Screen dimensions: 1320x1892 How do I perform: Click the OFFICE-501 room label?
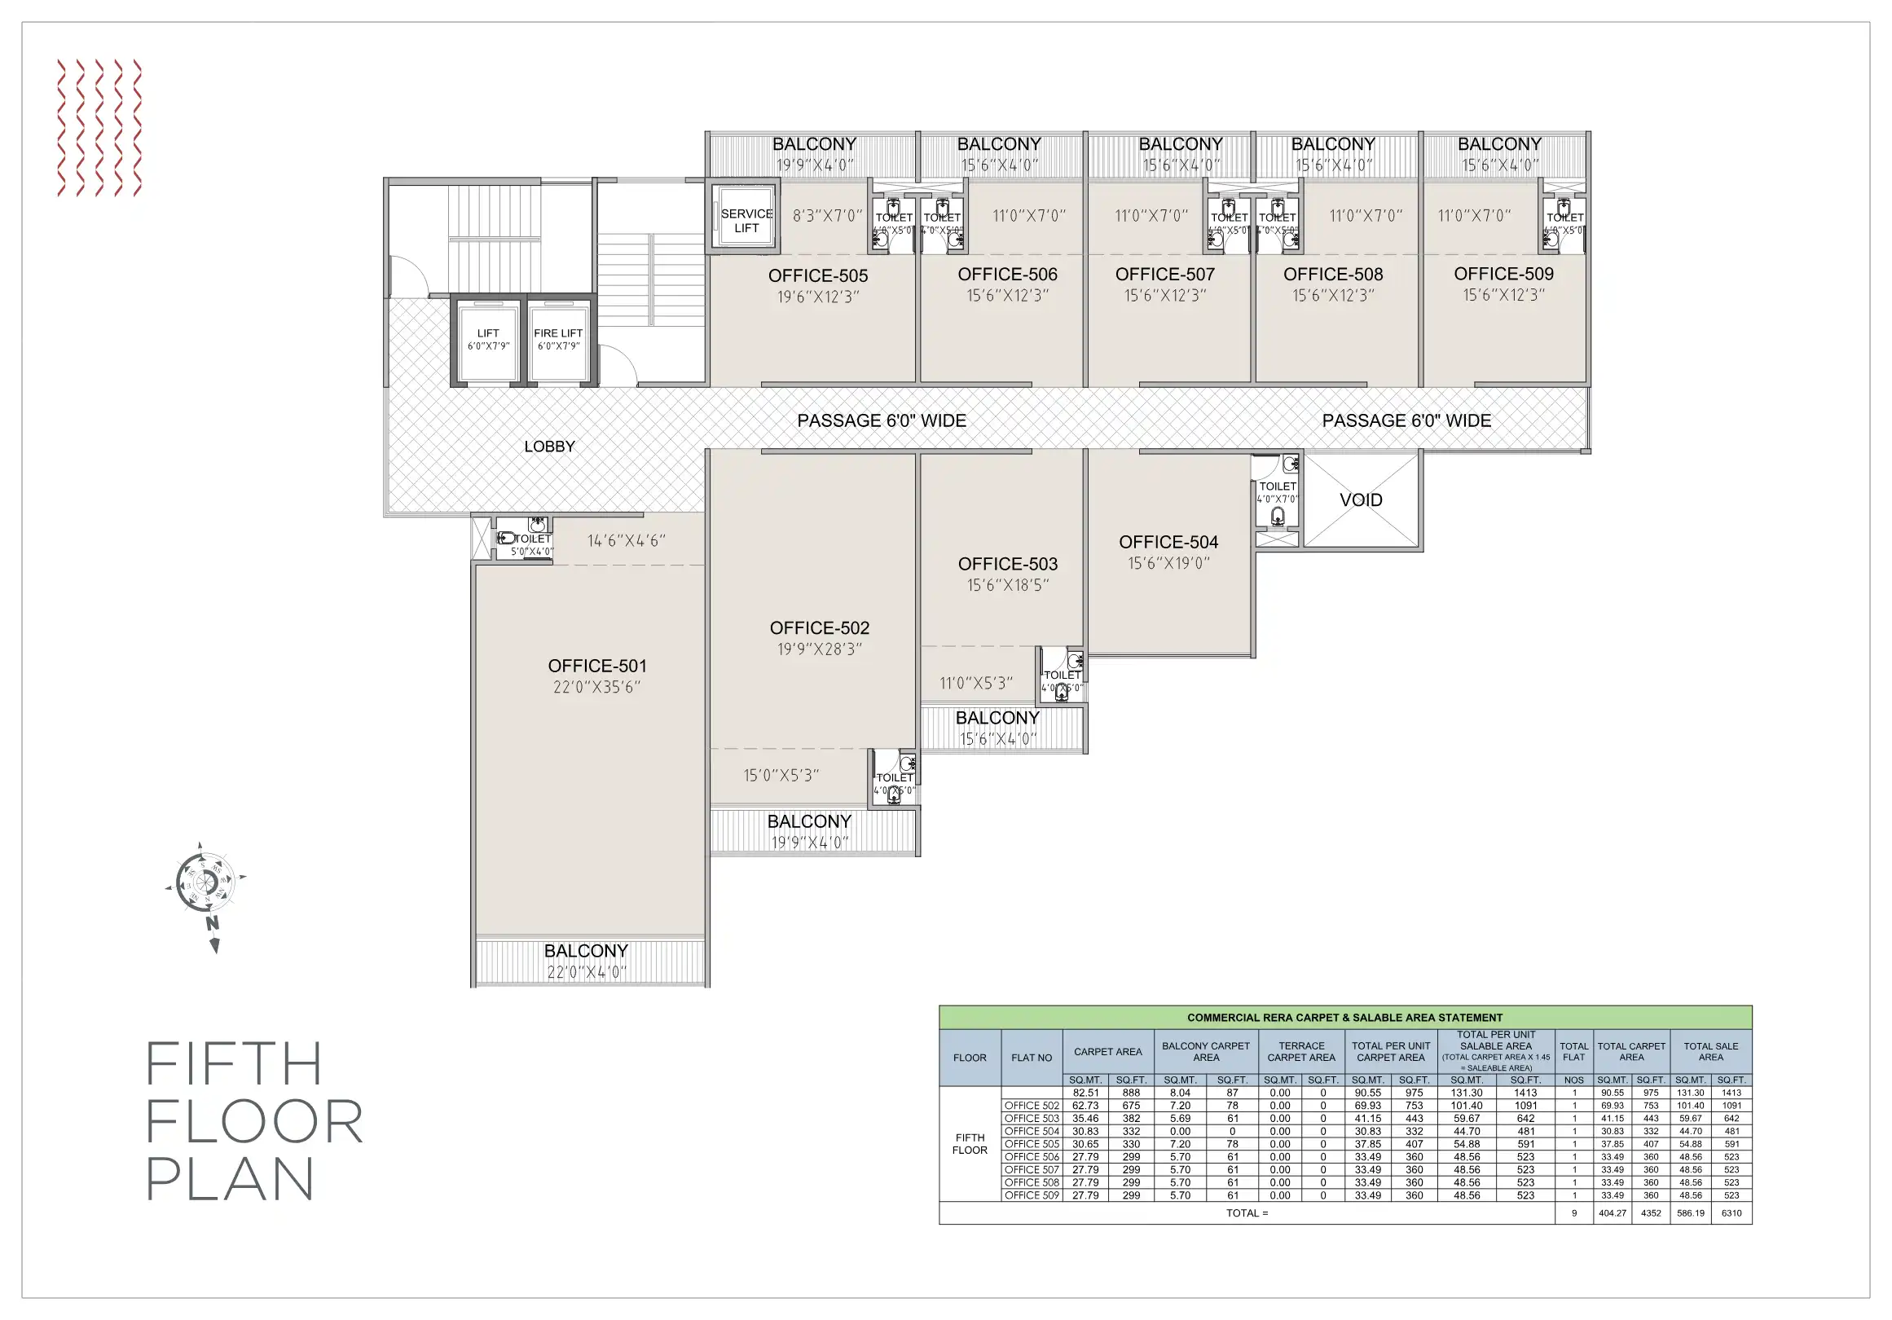coord(597,666)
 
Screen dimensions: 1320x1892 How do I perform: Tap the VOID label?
coord(1361,500)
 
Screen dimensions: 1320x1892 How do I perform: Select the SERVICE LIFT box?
coord(746,220)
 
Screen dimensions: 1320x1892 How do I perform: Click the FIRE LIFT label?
coord(558,333)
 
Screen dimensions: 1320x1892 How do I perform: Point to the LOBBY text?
coord(550,447)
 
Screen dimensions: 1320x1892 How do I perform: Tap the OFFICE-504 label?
coord(1168,542)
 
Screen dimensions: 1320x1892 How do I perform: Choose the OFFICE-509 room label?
coord(1503,274)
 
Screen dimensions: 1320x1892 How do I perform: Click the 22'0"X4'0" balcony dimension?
coord(587,972)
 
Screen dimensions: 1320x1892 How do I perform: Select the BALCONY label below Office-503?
coord(997,718)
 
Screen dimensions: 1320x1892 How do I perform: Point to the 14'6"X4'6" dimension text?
coord(627,540)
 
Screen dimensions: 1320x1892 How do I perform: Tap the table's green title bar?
coord(1344,1018)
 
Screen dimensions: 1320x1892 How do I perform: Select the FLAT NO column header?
coord(1032,1058)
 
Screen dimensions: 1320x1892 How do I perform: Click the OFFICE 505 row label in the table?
coord(1032,1144)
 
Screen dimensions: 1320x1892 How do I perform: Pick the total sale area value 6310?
coord(1731,1213)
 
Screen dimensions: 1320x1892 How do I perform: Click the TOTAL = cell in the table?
coord(1247,1213)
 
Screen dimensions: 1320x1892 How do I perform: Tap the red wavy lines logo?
coord(99,128)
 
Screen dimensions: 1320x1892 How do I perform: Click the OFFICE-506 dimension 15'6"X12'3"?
coord(1007,295)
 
